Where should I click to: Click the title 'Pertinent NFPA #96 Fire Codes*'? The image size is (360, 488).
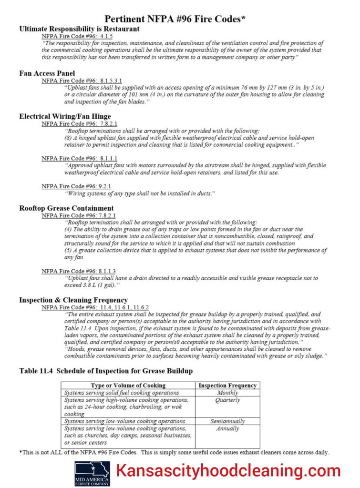point(175,19)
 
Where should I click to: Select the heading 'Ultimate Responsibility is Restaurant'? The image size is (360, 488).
point(79,29)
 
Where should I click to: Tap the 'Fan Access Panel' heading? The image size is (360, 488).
point(47,73)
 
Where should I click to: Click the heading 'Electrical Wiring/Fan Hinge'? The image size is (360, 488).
point(65,116)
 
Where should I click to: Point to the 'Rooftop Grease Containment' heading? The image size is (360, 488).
point(66,208)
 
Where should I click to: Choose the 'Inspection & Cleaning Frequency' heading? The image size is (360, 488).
point(73,300)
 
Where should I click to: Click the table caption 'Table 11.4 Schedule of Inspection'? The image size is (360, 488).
point(106,371)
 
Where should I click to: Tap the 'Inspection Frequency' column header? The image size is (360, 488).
point(227,385)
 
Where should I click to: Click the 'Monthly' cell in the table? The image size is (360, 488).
point(227,393)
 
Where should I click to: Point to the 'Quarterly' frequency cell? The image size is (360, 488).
point(227,400)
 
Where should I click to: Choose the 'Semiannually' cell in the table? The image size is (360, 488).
point(227,421)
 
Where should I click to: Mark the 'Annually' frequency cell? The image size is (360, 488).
point(227,429)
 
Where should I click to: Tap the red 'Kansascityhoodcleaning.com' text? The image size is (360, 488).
point(229,471)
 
